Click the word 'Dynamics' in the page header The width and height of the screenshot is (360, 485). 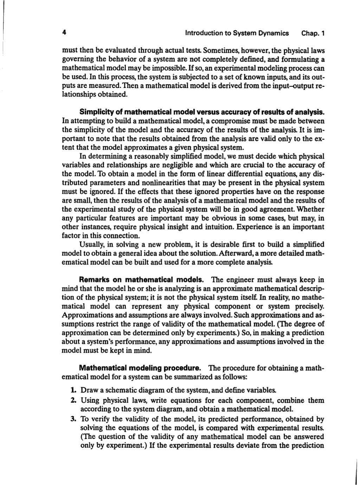pos(274,33)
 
